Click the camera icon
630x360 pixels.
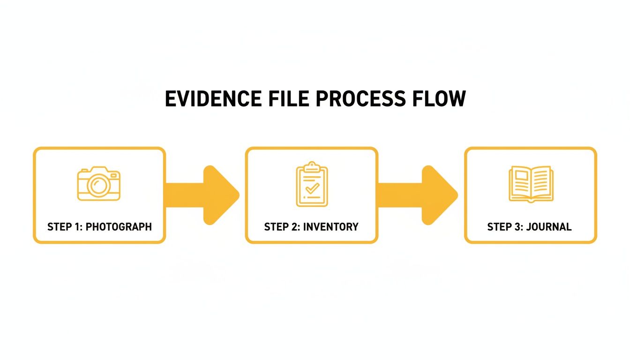click(x=99, y=184)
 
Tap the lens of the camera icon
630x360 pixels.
click(x=99, y=186)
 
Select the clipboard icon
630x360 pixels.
click(x=312, y=184)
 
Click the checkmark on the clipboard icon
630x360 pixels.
click(x=312, y=188)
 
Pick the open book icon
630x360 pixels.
click(x=531, y=184)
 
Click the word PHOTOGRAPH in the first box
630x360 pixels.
click(x=119, y=227)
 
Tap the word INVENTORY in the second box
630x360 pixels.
click(x=330, y=227)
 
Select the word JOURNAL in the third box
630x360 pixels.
click(x=549, y=227)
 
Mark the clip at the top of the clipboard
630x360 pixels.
click(x=312, y=166)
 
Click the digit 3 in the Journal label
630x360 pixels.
click(x=516, y=227)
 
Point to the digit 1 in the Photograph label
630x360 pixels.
click(x=76, y=227)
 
